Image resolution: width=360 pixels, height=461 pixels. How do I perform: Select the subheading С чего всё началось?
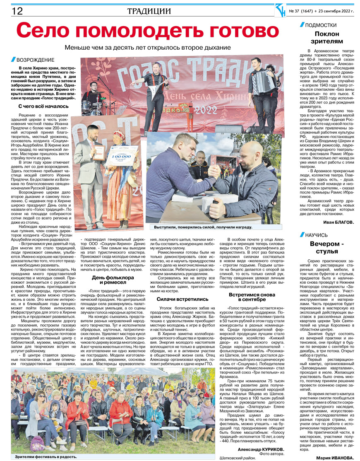click(43, 106)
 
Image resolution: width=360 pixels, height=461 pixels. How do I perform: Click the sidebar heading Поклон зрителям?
click(326, 37)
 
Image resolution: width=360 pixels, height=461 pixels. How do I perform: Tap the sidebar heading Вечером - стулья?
click(326, 247)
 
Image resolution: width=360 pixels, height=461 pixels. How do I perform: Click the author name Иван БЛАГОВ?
click(339, 222)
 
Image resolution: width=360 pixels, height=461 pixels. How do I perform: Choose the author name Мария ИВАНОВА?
click(335, 457)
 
